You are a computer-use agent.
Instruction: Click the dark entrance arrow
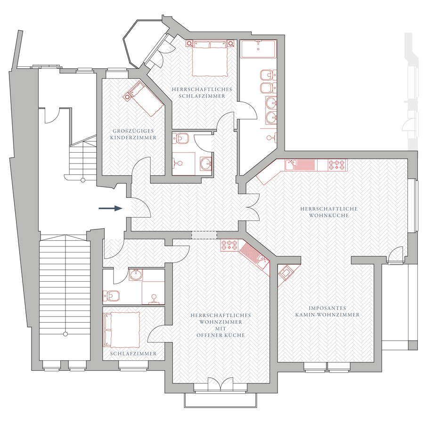[x=110, y=208]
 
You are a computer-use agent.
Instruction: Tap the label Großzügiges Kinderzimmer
[x=133, y=134]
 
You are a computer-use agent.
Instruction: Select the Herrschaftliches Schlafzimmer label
[x=202, y=92]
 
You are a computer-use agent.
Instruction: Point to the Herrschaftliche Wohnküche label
[x=329, y=212]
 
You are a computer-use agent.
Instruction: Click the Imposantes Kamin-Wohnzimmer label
[x=327, y=311]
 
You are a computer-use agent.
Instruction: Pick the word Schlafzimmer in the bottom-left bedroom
[x=133, y=353]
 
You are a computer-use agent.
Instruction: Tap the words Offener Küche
[x=220, y=335]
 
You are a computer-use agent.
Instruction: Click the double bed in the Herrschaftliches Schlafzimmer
[x=210, y=58]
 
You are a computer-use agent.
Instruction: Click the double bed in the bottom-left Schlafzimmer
[x=122, y=330]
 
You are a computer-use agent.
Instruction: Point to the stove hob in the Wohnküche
[x=337, y=165]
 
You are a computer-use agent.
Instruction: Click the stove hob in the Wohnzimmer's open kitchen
[x=229, y=245]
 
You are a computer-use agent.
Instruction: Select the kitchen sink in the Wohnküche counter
[x=291, y=165]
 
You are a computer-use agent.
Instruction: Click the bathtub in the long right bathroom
[x=258, y=49]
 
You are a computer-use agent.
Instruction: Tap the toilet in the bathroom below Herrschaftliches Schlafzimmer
[x=178, y=138]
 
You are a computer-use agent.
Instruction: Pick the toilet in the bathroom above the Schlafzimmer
[x=111, y=296]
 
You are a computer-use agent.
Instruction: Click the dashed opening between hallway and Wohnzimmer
[x=204, y=235]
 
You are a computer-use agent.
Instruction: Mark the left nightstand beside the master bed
[x=189, y=43]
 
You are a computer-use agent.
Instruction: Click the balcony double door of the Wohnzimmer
[x=220, y=383]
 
